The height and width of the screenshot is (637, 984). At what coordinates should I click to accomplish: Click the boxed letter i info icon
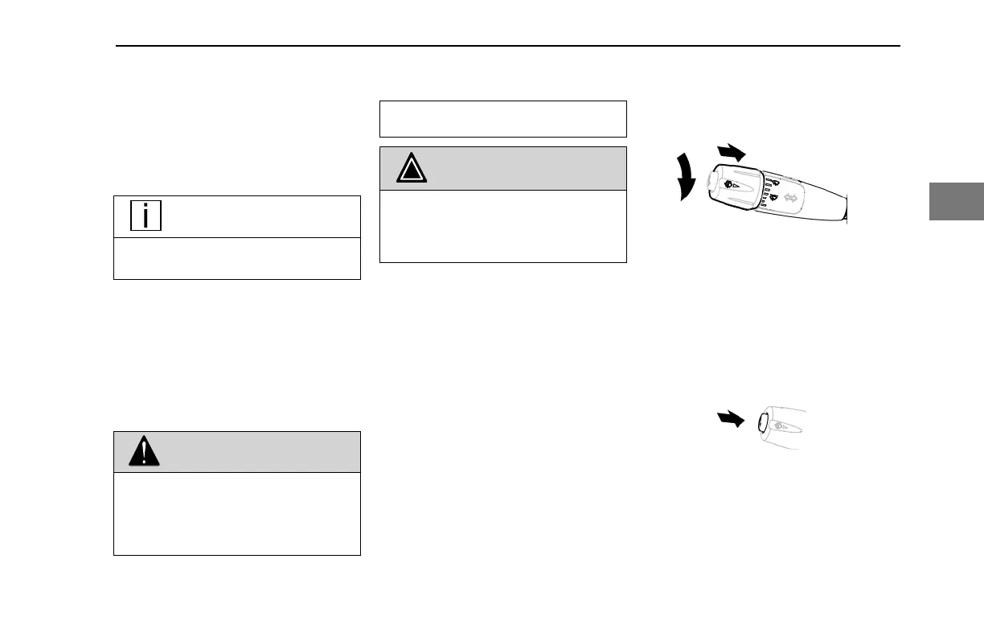coord(145,216)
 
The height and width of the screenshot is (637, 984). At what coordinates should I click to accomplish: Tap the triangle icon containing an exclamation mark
coord(144,452)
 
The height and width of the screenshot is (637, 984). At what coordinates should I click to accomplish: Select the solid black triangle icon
coord(411,169)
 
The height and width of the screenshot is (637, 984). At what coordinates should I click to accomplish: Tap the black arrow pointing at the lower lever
coord(734,419)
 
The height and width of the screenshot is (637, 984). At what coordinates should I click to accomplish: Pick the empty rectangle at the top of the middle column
coord(502,119)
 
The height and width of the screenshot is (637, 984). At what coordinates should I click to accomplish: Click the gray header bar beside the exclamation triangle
coord(257,452)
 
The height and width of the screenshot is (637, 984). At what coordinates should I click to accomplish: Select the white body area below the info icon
coord(236,258)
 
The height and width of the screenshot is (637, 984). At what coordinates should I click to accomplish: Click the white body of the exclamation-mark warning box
coord(236,513)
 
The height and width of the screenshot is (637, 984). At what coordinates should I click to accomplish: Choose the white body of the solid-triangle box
coord(502,226)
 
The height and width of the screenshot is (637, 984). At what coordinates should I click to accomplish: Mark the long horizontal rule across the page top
coord(506,46)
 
